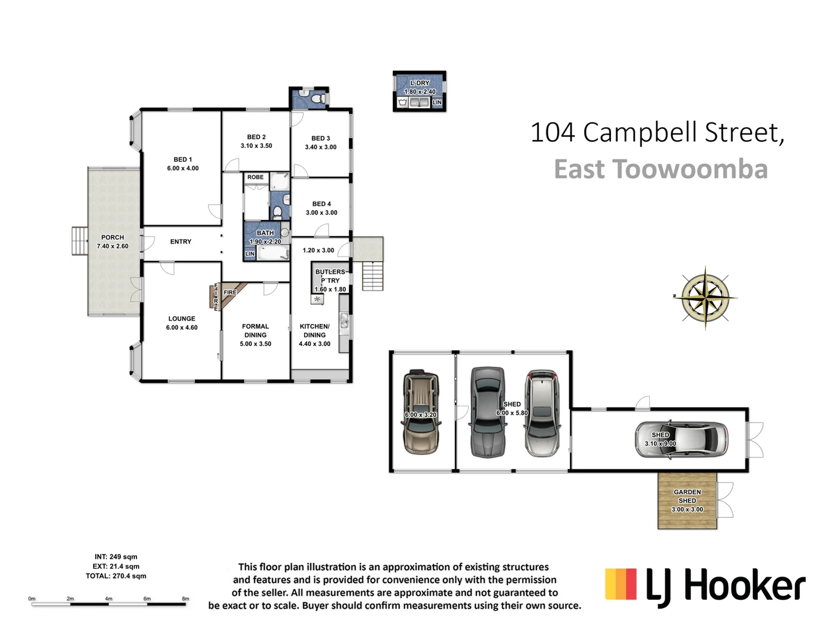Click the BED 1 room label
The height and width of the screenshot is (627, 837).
[x=183, y=160]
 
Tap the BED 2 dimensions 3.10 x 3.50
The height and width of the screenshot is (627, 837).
[x=256, y=146]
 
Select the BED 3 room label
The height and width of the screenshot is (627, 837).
[x=320, y=138]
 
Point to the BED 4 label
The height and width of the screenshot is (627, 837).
[x=321, y=204]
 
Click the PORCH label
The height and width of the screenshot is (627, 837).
[x=113, y=237]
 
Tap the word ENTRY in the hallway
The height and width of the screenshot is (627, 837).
[x=181, y=242]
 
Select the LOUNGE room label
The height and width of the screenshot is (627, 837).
[x=182, y=319]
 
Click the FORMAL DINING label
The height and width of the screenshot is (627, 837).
[x=256, y=330]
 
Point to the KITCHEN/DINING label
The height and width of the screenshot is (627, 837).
[x=314, y=330]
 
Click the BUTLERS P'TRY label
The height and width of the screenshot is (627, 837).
[x=330, y=276]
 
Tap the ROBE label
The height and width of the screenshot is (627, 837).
[x=256, y=177]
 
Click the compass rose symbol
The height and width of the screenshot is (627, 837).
[x=705, y=297]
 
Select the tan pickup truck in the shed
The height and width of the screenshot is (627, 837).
[x=421, y=412]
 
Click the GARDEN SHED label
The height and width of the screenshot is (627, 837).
[x=687, y=496]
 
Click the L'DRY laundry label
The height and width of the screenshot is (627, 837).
[x=420, y=83]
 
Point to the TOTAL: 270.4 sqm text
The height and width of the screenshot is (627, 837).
[x=116, y=576]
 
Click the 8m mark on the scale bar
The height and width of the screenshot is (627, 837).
[x=185, y=599]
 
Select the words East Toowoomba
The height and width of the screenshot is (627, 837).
[x=661, y=170]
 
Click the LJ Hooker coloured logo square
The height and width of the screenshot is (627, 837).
[x=621, y=584]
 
